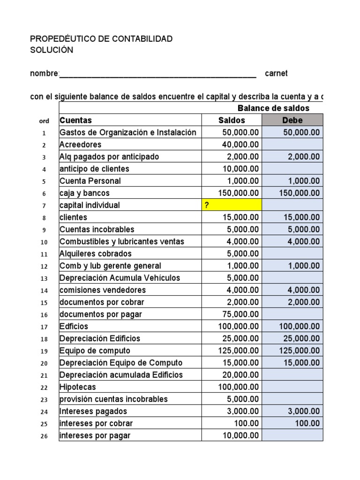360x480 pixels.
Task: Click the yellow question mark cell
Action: (x=232, y=205)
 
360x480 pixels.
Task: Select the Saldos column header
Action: (x=232, y=120)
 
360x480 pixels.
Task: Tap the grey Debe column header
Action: (x=292, y=120)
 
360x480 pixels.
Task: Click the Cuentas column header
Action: (x=76, y=120)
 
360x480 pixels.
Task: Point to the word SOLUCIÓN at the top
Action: (x=52, y=50)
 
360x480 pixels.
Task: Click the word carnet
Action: (x=277, y=74)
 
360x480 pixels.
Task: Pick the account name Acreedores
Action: (x=80, y=145)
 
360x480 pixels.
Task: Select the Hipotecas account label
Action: (x=77, y=387)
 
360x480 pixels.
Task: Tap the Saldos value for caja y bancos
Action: (x=239, y=193)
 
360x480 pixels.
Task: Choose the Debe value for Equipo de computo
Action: (x=300, y=351)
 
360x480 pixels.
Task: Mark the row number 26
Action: (x=44, y=436)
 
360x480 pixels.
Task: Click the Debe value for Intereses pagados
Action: (x=304, y=411)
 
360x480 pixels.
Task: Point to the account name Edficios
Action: (x=74, y=326)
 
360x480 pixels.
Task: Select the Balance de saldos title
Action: (x=273, y=108)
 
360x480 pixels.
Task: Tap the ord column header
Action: (x=44, y=121)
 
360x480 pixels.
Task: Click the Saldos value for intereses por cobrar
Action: (x=247, y=423)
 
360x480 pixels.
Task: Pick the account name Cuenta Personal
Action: (x=90, y=181)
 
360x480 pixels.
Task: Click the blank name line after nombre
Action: (x=158, y=74)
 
